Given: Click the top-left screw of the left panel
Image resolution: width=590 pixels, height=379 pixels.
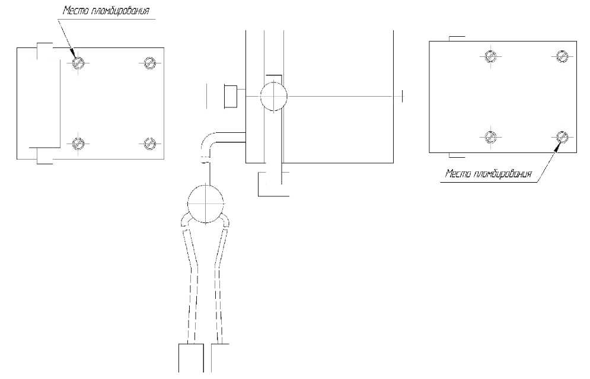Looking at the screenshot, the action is (78, 62).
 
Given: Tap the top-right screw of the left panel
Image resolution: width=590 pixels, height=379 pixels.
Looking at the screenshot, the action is (150, 62).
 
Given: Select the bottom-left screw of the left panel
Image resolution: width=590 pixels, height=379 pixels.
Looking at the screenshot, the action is (78, 144).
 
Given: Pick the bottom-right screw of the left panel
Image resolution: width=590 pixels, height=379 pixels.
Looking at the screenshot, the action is (150, 144).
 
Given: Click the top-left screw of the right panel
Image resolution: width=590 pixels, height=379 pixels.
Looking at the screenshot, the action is (490, 56).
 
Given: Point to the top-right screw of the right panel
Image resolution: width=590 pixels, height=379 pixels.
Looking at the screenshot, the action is (562, 56).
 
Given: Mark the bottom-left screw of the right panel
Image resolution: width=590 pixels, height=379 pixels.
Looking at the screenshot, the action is (490, 137).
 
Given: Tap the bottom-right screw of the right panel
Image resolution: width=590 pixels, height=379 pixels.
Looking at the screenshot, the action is (562, 137).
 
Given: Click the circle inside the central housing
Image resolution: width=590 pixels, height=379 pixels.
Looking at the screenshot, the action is (273, 96).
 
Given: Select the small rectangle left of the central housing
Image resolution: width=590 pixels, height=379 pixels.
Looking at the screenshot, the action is (231, 97).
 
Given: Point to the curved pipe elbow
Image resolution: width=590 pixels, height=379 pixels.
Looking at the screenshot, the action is (206, 142).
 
